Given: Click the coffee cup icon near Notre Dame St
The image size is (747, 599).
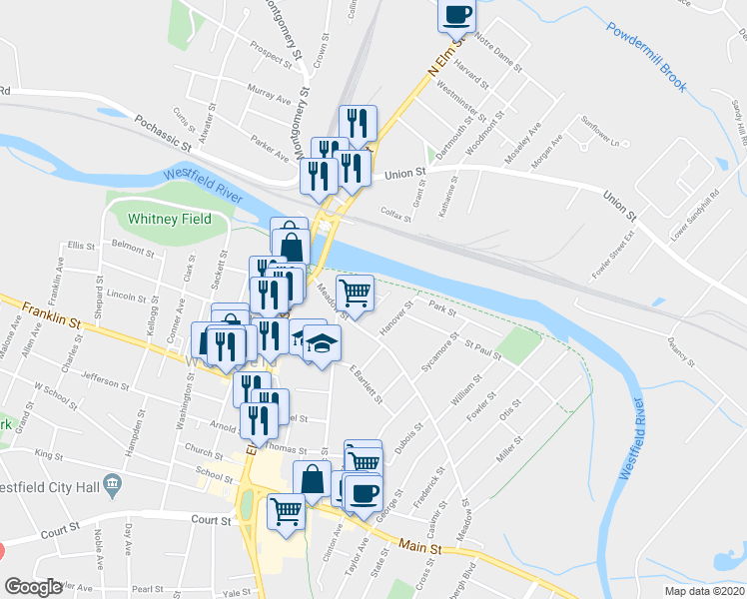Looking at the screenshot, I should (x=456, y=15).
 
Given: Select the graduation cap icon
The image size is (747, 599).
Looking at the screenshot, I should (x=322, y=344).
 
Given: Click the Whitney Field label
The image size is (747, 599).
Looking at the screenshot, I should (x=170, y=219).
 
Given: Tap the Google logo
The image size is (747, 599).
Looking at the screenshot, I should (x=33, y=587).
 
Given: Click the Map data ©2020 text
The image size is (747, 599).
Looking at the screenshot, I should (x=704, y=591).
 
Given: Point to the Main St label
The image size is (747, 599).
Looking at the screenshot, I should (x=419, y=546).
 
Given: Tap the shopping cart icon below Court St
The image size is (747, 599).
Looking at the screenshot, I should (x=287, y=511).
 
